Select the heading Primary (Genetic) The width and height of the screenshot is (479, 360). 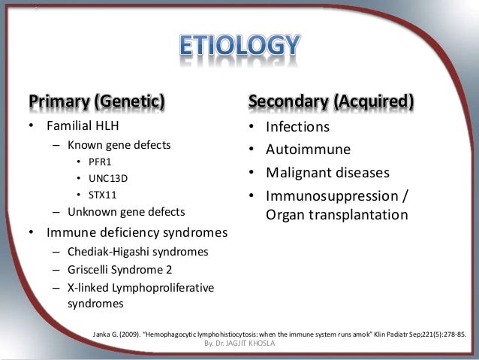[97, 101]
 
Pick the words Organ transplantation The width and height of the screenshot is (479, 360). [337, 215]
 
